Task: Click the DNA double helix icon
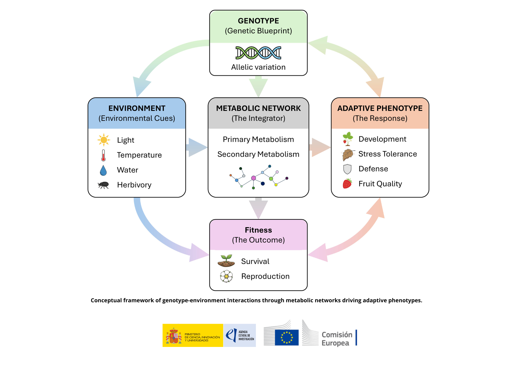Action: [x=258, y=53]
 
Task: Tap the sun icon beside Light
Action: [x=104, y=140]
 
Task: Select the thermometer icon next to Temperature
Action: [x=103, y=155]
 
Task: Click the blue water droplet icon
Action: [x=103, y=170]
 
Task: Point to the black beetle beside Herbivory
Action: [x=103, y=185]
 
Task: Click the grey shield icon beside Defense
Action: [x=347, y=169]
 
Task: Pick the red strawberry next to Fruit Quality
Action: [x=347, y=184]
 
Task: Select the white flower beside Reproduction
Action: [x=226, y=276]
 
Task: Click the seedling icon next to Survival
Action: [x=226, y=261]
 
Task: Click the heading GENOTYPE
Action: [x=258, y=21]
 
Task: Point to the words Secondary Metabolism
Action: [x=258, y=154]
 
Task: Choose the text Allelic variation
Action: [x=258, y=67]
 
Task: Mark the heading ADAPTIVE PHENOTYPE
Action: [x=380, y=108]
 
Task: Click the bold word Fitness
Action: [x=258, y=230]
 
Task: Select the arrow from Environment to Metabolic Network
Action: [x=197, y=147]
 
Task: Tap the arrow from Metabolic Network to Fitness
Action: [x=258, y=208]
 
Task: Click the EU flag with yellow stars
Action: [x=287, y=337]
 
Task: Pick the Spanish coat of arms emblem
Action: [x=174, y=336]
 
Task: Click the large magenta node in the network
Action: [x=254, y=178]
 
